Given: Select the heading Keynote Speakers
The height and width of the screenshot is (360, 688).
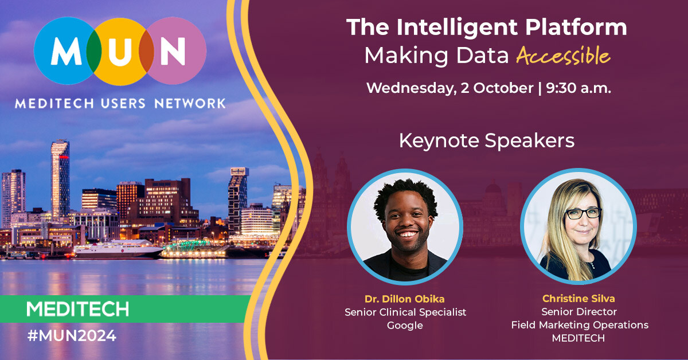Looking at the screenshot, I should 487,140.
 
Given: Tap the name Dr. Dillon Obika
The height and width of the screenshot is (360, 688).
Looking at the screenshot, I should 405,299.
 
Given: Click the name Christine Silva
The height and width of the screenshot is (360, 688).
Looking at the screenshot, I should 579,299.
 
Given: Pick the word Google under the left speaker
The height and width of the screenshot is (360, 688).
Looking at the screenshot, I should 405,326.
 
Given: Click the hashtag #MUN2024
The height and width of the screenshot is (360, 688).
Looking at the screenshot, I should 72,336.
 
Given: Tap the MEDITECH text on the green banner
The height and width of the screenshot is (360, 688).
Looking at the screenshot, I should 77,309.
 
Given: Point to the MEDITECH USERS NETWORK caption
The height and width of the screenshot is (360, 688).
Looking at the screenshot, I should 120,104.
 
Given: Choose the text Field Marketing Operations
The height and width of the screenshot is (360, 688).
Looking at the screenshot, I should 579,325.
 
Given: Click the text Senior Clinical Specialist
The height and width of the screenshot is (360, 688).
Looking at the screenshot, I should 405,312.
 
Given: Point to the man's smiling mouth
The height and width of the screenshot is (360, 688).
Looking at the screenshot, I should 404,234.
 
